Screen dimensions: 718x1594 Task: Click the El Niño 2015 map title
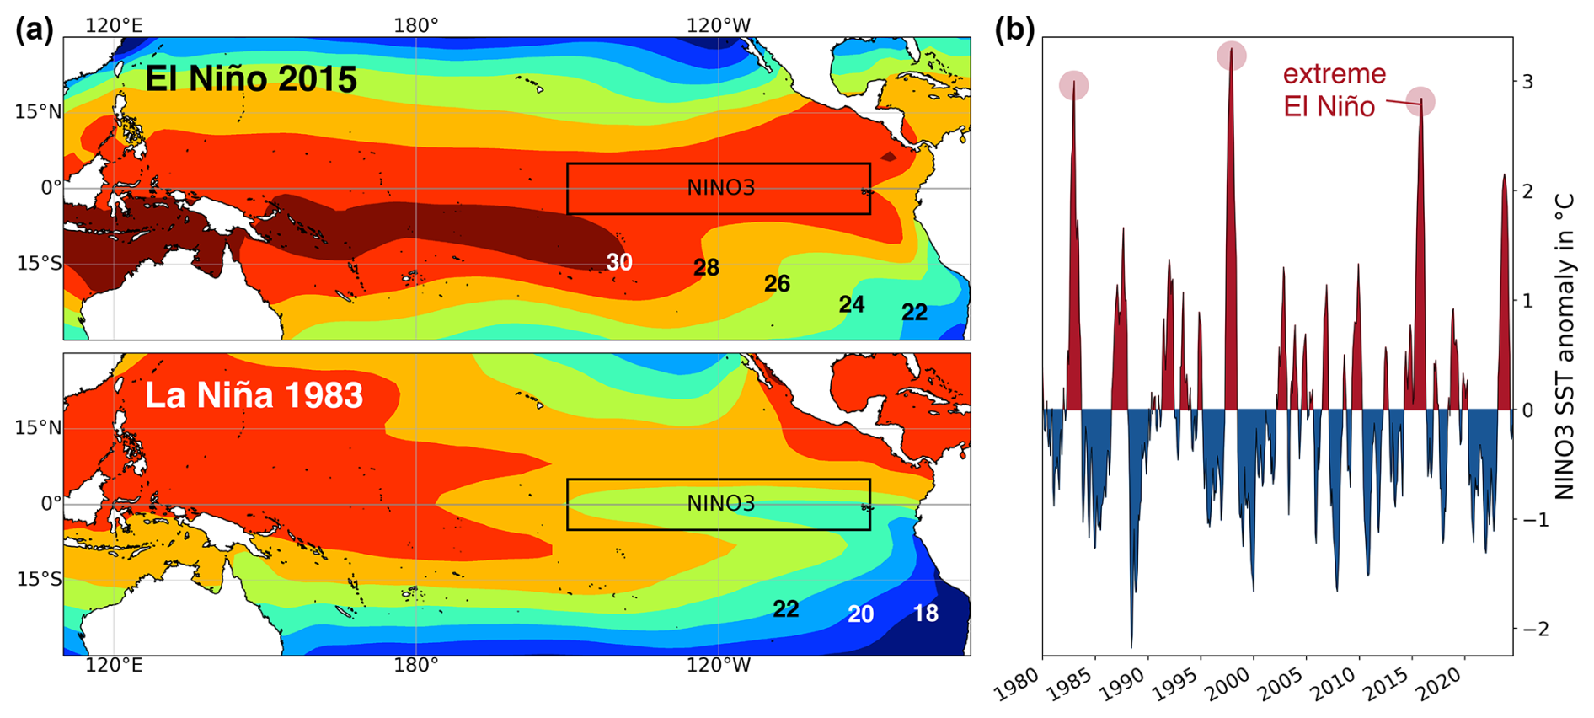point(251,79)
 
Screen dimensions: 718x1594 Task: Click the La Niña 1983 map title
point(254,395)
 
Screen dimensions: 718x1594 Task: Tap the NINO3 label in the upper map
point(720,188)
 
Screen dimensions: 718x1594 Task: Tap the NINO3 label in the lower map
point(720,504)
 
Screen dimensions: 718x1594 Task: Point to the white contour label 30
point(619,262)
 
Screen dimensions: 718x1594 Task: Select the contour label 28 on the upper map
point(706,268)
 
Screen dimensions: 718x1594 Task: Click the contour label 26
point(777,284)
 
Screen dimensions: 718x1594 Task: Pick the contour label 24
point(851,304)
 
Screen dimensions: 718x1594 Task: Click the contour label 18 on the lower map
point(925,614)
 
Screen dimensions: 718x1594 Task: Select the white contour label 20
point(860,614)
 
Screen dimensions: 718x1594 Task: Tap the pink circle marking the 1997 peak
point(1232,56)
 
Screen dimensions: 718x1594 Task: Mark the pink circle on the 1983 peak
point(1073,85)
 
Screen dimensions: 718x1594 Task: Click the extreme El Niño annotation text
point(1334,90)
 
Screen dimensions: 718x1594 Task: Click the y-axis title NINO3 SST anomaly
point(1564,346)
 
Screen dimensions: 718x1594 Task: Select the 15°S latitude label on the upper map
point(39,264)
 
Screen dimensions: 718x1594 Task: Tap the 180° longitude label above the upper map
point(416,25)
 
